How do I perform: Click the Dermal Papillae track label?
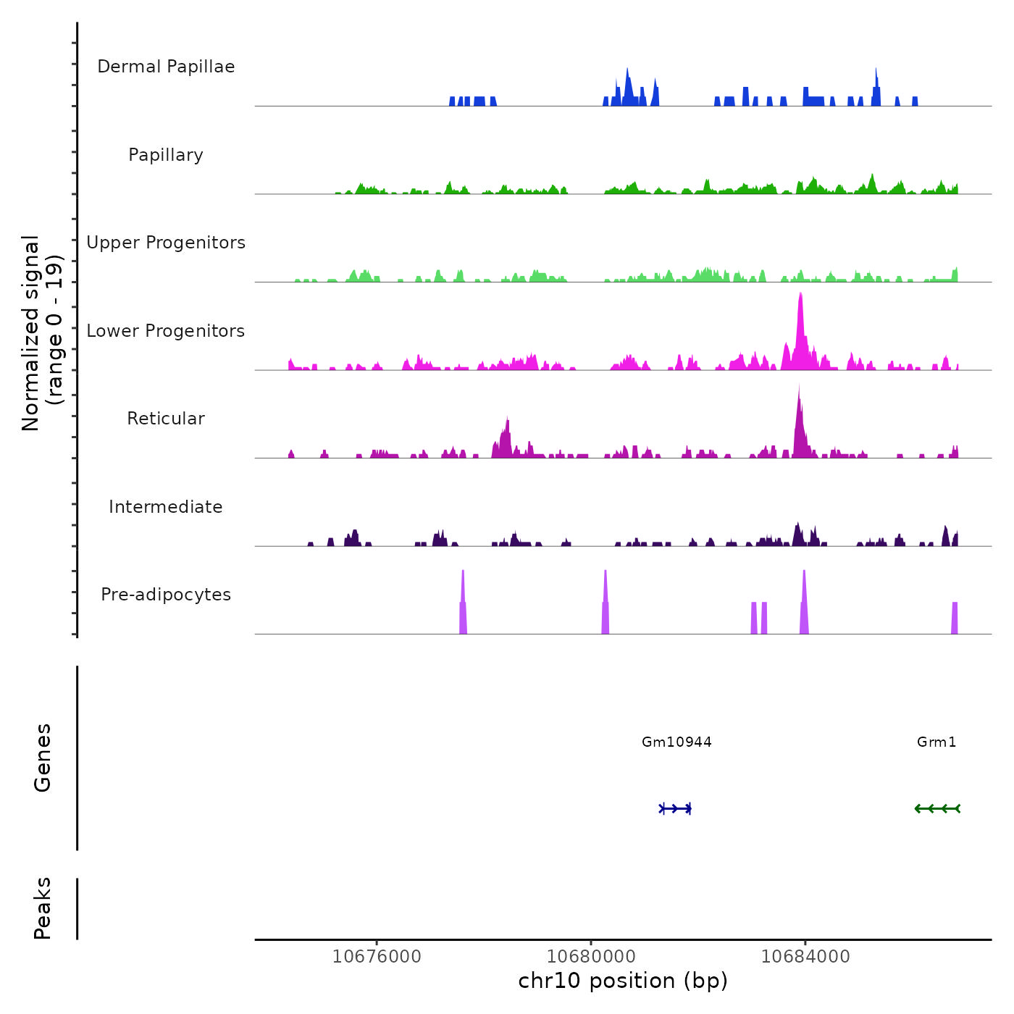pyautogui.click(x=166, y=67)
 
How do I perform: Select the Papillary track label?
pyautogui.click(x=166, y=155)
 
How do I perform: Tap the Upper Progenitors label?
pyautogui.click(x=166, y=243)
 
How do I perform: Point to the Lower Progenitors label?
pyautogui.click(x=166, y=331)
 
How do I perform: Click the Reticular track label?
pyautogui.click(x=166, y=419)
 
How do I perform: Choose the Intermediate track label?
pyautogui.click(x=166, y=507)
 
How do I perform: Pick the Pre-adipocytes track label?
pyautogui.click(x=166, y=595)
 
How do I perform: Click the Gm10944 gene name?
pyautogui.click(x=676, y=742)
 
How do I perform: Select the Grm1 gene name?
pyautogui.click(x=937, y=742)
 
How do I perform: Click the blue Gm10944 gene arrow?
pyautogui.click(x=676, y=808)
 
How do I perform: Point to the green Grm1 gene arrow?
pyautogui.click(x=937, y=808)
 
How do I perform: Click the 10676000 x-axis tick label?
pyautogui.click(x=377, y=957)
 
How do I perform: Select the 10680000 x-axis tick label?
pyautogui.click(x=591, y=957)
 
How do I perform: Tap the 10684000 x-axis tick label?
pyautogui.click(x=805, y=957)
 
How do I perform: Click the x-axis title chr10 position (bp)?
pyautogui.click(x=623, y=981)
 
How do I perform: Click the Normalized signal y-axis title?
pyautogui.click(x=42, y=332)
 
